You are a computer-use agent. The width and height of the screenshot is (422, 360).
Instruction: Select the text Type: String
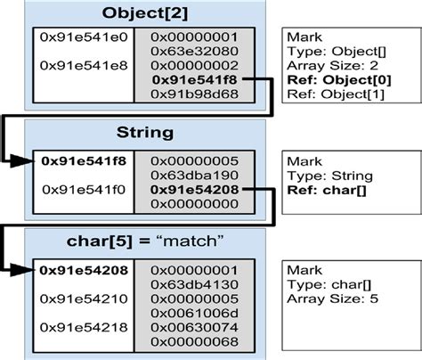(328, 176)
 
